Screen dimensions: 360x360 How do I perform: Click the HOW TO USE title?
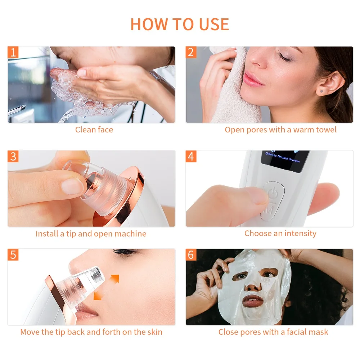pos(180,24)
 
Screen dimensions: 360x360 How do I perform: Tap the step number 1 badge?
pos(13,52)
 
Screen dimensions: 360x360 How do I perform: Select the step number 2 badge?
pos(191,52)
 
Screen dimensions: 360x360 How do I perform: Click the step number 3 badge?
pos(13,156)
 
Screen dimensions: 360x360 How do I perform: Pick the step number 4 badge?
pos(191,156)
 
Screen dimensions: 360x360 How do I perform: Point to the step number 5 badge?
pos(13,255)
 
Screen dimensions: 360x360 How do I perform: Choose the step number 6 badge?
pos(191,255)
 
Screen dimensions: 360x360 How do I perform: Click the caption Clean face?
pos(94,130)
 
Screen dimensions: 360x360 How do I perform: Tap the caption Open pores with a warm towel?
pos(280,130)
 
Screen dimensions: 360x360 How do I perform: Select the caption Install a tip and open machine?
pos(91,234)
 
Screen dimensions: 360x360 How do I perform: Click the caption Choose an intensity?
pos(280,233)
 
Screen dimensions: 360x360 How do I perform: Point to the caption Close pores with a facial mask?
pos(273,332)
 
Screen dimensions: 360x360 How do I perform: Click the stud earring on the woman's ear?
pos(321,92)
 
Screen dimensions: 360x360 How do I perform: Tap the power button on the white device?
pos(272,193)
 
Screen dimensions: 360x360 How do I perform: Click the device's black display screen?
pos(285,160)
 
